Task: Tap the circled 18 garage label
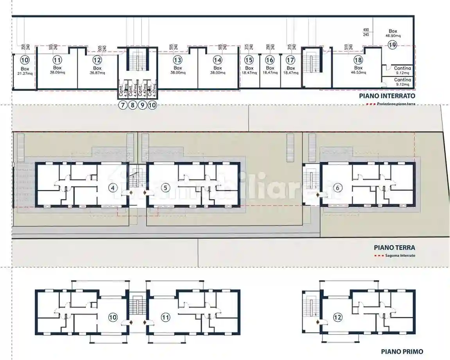358,60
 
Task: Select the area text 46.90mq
393,36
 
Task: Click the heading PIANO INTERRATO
387,96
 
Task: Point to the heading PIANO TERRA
394,247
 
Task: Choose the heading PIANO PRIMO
402,352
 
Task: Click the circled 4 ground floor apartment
113,188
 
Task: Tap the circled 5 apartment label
166,188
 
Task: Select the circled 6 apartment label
338,188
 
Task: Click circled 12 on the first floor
338,317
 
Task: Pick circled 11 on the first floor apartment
166,317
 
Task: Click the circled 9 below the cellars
143,105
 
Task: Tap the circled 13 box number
177,60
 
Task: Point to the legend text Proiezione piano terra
396,104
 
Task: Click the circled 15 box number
249,60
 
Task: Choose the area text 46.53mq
358,72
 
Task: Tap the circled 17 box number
290,60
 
